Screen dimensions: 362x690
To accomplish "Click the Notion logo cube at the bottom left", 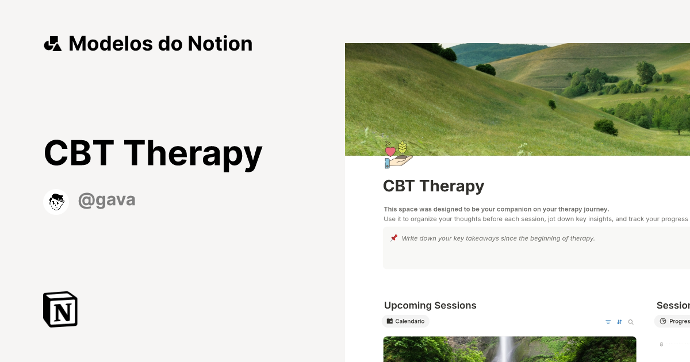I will click(60, 309).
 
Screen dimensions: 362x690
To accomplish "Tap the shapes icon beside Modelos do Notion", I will click(53, 44).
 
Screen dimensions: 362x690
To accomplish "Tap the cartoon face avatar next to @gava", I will click(56, 202).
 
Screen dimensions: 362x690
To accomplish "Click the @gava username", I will click(107, 200).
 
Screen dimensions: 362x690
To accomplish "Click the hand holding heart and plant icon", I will click(398, 155).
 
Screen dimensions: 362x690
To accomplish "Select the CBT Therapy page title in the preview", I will click(434, 186).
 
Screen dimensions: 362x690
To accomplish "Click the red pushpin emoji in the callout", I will click(393, 238).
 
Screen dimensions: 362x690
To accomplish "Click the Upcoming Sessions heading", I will click(430, 306).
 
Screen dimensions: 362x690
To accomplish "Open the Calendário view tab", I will click(406, 321).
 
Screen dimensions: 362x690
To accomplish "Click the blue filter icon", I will click(608, 322).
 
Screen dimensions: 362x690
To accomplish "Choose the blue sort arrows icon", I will click(619, 322).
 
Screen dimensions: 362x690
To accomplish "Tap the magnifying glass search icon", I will click(631, 322).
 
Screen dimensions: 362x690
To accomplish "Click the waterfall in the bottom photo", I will click(507, 349).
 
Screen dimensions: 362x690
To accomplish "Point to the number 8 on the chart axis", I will click(661, 344).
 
